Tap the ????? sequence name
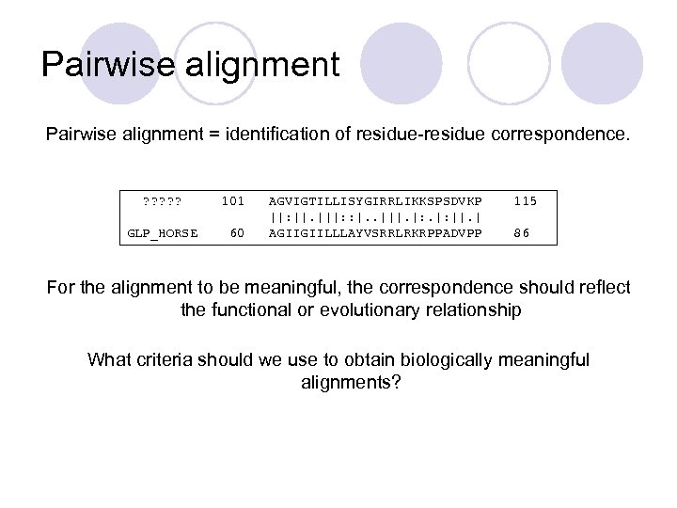[162, 200]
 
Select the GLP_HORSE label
[163, 233]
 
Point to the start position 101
[232, 200]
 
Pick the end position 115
[526, 200]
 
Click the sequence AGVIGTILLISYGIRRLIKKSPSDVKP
[375, 200]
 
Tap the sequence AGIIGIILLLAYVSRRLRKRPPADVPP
[375, 233]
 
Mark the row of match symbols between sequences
[375, 217]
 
